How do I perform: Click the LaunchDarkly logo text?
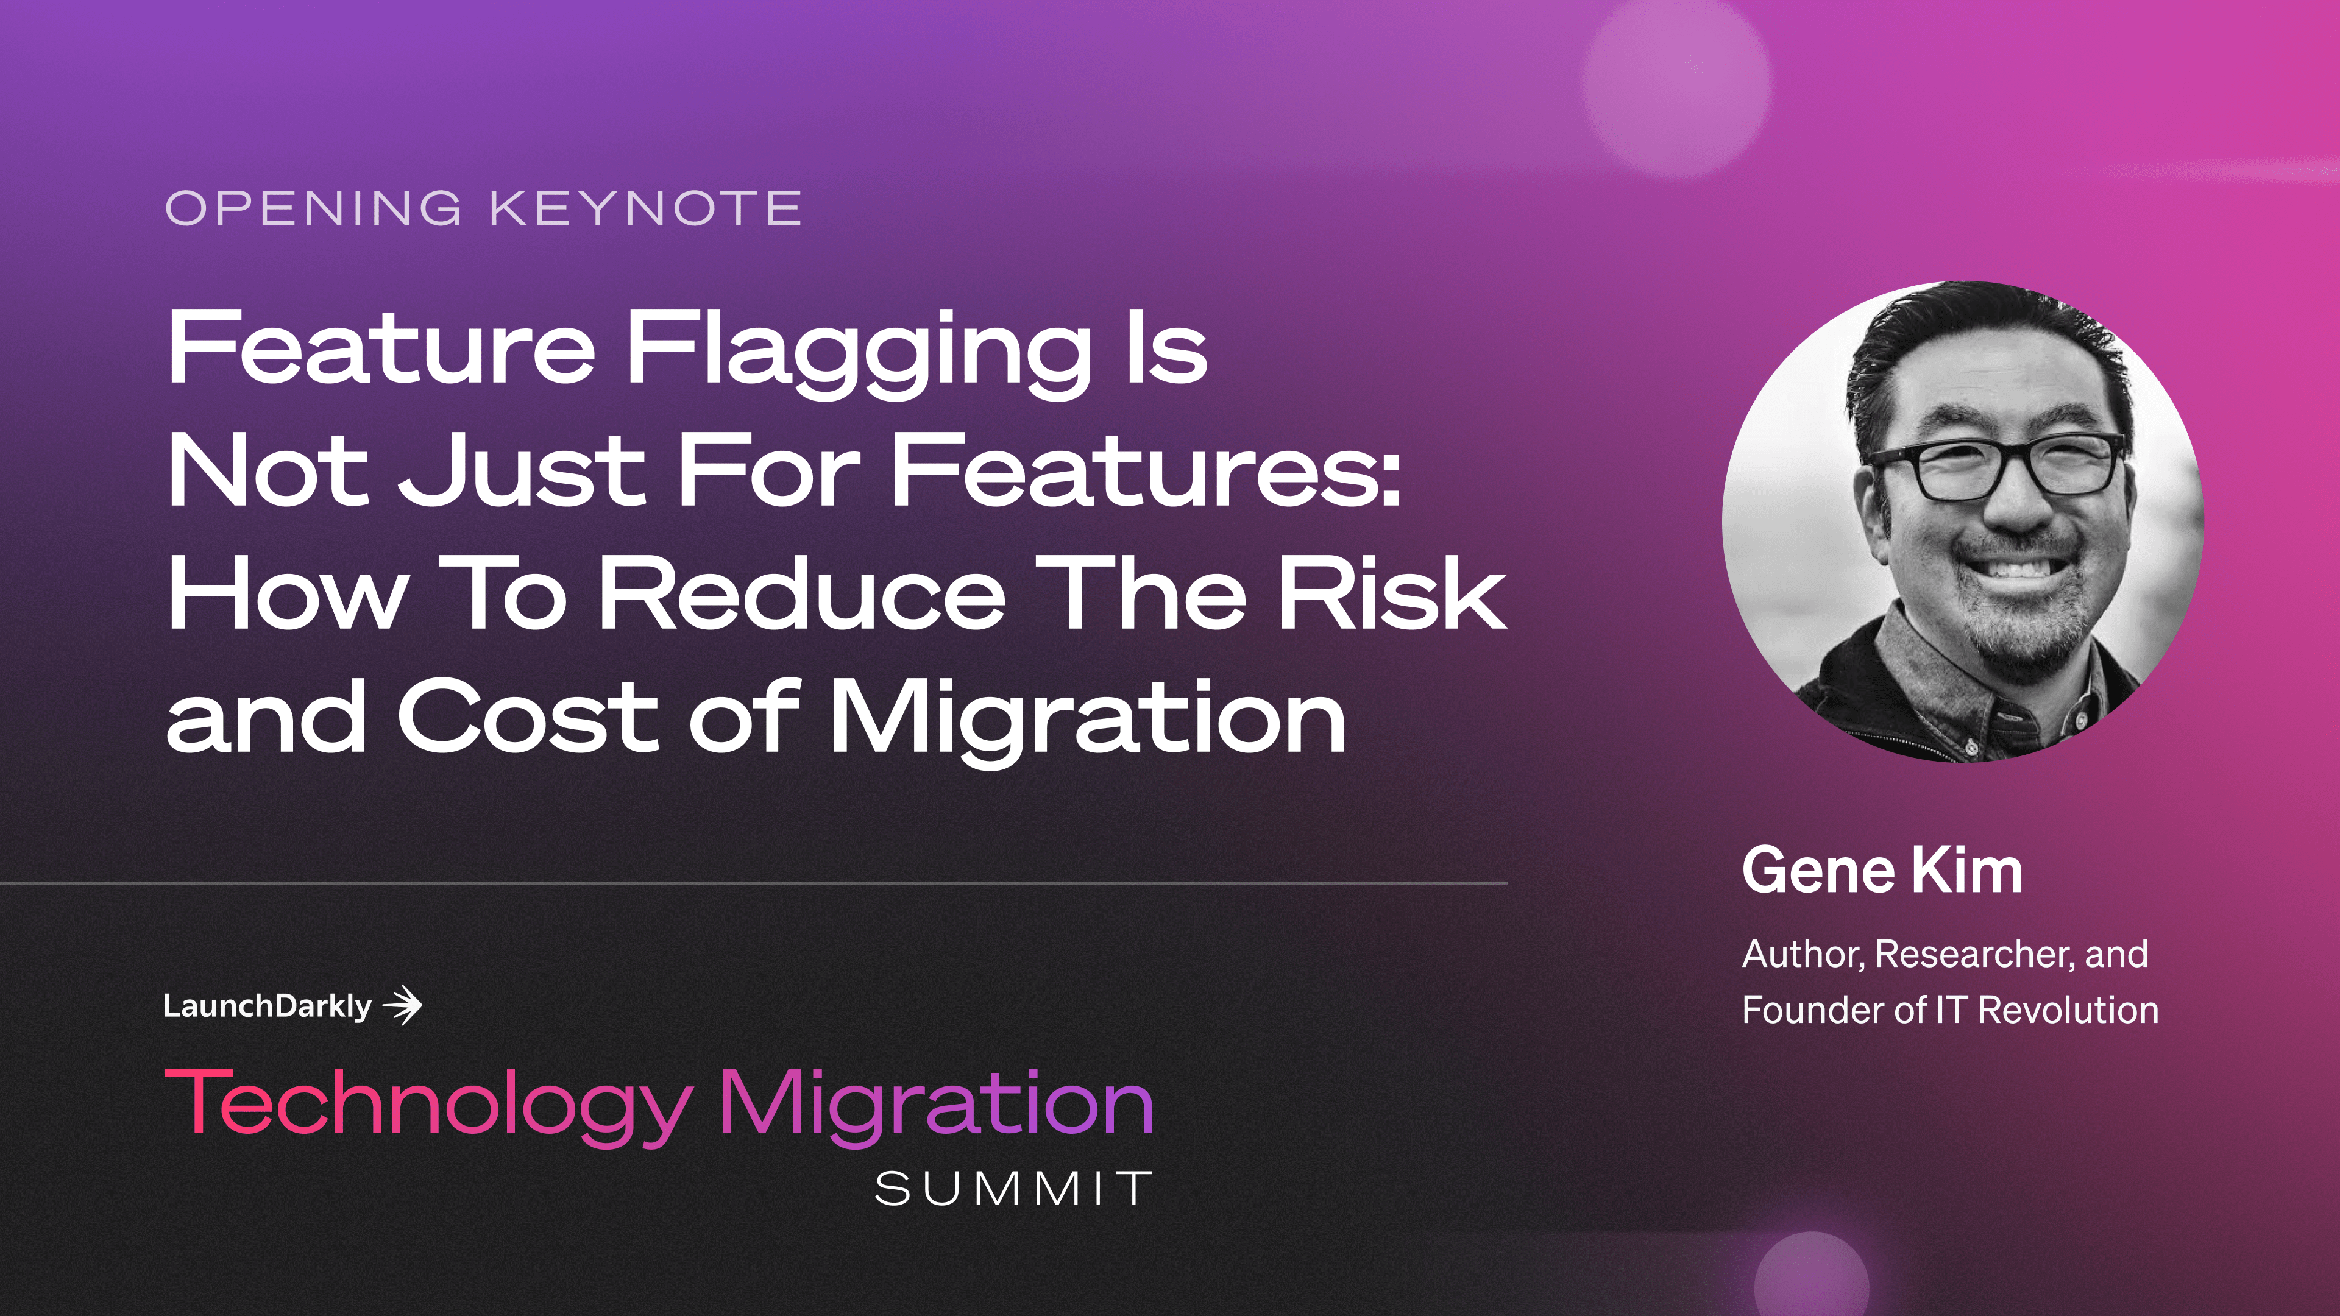click(267, 1006)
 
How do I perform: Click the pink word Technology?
click(428, 1103)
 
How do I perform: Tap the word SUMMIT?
click(1013, 1189)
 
